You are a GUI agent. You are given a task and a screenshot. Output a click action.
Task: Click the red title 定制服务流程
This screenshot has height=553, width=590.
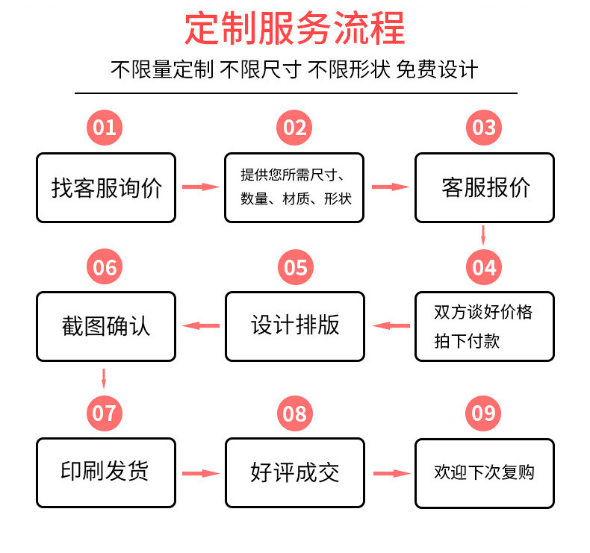pos(295,29)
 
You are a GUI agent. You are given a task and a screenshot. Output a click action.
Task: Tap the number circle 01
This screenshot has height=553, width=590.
pos(105,128)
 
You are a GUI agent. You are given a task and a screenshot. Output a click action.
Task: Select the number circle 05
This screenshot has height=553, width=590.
pos(295,267)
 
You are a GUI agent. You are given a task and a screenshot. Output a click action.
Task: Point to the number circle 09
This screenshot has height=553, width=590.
pos(484,413)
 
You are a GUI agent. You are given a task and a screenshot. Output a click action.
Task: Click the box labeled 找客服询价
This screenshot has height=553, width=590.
pos(106,187)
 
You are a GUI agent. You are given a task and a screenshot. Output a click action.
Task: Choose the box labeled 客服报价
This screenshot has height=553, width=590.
pos(485,187)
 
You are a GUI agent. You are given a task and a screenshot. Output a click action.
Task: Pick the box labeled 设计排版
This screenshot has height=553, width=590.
pos(295,326)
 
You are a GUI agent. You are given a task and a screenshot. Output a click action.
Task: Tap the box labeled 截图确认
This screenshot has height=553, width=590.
pos(106,326)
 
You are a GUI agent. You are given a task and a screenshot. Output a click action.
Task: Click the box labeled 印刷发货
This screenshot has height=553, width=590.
pos(106,472)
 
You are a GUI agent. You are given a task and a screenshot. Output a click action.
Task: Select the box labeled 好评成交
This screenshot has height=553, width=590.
pos(295,472)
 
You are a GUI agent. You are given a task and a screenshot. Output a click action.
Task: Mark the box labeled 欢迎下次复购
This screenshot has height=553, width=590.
pos(485,472)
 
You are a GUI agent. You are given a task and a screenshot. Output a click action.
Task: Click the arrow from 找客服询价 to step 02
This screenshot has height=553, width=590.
pos(200,187)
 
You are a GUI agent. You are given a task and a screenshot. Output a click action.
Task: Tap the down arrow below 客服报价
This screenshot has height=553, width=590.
pos(484,234)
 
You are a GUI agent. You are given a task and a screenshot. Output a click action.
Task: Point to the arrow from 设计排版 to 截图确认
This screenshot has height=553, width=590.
pos(201,325)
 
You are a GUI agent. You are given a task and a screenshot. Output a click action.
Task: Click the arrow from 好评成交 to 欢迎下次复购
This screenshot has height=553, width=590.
pos(390,472)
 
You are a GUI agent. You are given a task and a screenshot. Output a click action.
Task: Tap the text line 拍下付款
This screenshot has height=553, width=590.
pos(467,342)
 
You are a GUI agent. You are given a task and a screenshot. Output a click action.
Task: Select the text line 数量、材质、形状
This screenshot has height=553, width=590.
pos(296,199)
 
